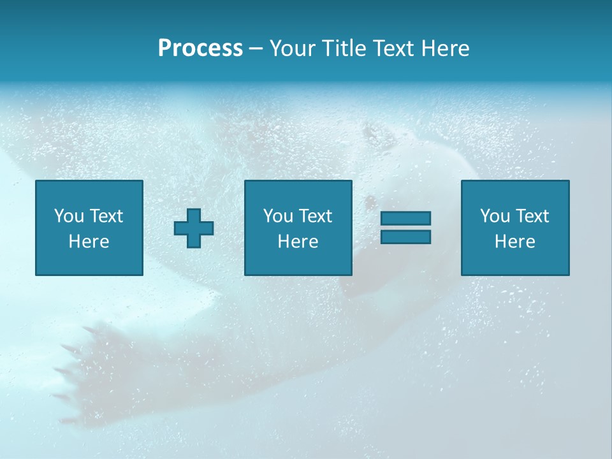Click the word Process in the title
(200, 48)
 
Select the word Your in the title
(293, 48)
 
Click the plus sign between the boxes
(194, 228)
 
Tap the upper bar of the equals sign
(405, 219)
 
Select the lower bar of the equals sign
(405, 237)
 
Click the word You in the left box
(69, 216)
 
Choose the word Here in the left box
(89, 242)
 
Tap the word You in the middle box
(278, 216)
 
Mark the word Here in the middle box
(298, 242)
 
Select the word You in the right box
(495, 216)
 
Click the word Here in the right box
(514, 242)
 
